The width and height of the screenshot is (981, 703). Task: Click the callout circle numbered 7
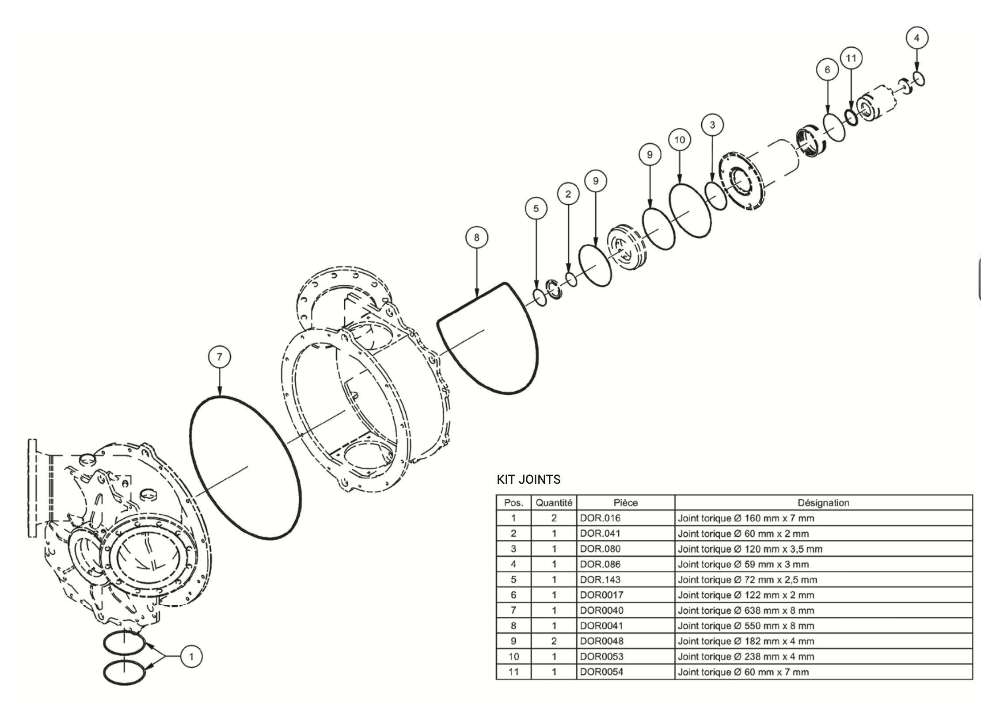tap(220, 357)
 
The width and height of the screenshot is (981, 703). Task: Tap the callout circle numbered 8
tap(476, 237)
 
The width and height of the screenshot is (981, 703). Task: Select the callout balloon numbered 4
tap(916, 38)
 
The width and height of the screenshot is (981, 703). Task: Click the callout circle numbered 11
tap(851, 58)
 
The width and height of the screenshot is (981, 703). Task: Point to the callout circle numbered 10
tap(679, 140)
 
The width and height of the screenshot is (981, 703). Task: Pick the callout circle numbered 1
tap(191, 657)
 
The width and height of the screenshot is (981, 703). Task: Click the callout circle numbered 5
tap(536, 209)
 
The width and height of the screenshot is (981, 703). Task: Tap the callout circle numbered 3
tap(712, 125)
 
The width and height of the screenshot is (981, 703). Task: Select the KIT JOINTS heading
tap(529, 479)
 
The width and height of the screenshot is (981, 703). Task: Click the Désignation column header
tap(823, 503)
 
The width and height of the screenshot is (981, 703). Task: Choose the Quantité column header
tap(554, 503)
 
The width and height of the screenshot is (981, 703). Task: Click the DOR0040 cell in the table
tap(601, 610)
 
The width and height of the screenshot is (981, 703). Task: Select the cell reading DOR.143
tap(600, 580)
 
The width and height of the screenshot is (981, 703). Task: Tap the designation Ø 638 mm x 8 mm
tap(746, 610)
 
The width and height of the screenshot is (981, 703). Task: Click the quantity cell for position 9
tap(554, 641)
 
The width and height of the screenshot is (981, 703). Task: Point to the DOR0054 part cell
tap(601, 672)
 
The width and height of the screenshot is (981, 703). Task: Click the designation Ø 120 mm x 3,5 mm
tap(750, 549)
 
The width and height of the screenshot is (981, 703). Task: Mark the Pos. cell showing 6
tap(513, 595)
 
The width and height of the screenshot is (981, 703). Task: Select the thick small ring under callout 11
tap(852, 117)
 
